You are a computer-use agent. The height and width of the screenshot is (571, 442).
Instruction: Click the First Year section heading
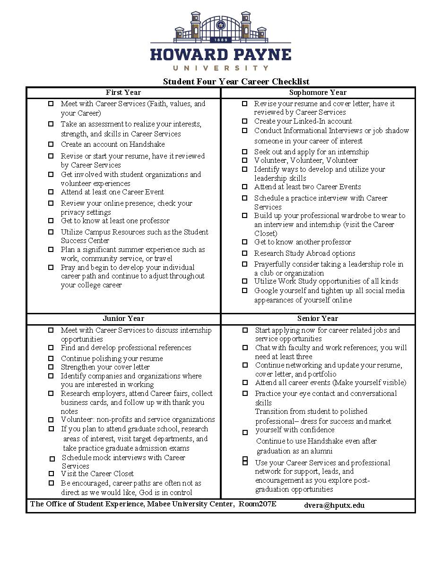click(x=123, y=92)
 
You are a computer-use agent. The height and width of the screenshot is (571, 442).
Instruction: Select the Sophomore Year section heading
click(x=318, y=92)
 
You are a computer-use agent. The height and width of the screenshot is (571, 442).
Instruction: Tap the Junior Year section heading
click(x=123, y=319)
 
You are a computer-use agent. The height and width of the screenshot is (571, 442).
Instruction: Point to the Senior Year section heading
click(x=318, y=319)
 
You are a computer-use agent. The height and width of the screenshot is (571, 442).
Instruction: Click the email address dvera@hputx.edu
click(x=334, y=505)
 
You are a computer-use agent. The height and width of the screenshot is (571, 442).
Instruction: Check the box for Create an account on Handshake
click(x=51, y=144)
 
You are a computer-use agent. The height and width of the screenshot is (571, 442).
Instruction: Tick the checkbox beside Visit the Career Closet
click(x=51, y=474)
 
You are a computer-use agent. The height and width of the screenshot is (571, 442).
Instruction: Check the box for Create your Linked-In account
click(x=244, y=121)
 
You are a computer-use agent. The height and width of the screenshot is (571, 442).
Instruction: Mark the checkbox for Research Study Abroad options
click(x=244, y=253)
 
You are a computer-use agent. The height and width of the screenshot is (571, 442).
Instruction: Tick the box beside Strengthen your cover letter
click(x=51, y=367)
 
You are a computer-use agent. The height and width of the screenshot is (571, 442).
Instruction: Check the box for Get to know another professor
click(x=244, y=242)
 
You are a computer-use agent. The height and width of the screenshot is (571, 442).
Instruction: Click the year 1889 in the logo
click(x=220, y=40)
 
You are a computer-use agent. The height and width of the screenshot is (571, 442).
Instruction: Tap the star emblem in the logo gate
click(x=220, y=25)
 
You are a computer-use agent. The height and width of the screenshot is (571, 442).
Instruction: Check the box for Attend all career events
click(x=245, y=383)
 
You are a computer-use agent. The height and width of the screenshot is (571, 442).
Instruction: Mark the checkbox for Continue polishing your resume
click(x=51, y=359)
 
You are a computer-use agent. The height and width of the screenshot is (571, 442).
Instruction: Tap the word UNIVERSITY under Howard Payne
click(x=220, y=68)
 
